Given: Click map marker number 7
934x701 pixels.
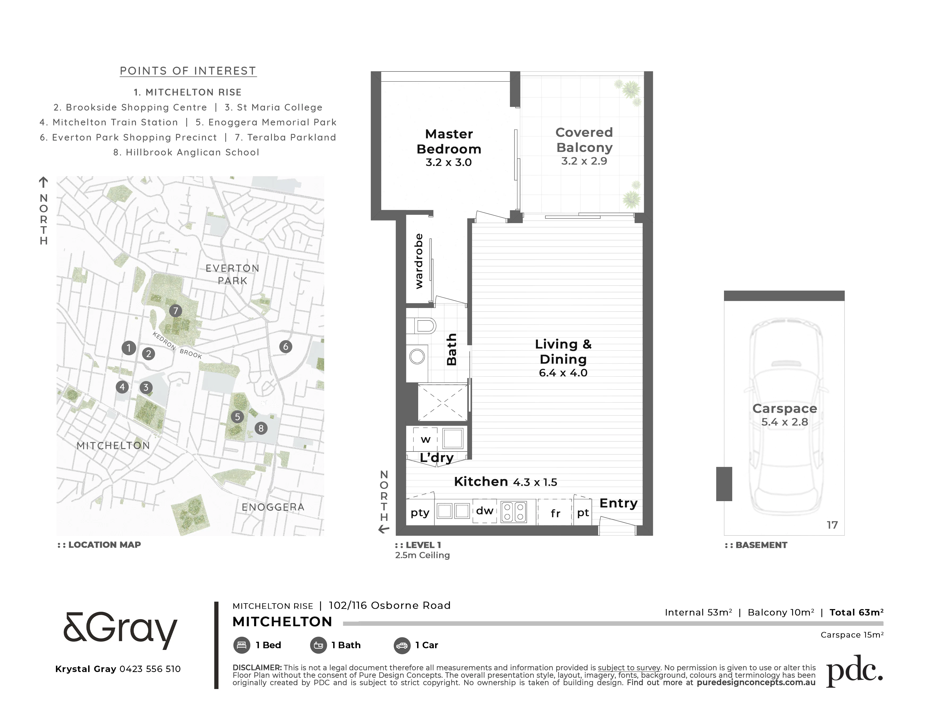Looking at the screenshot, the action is coord(176,311).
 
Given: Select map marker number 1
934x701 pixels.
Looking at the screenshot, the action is coord(129,348).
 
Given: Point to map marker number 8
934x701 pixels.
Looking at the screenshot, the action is coord(261,428).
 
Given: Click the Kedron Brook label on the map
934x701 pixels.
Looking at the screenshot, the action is coord(177,345).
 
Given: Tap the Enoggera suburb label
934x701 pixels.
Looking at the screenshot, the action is coord(273,507).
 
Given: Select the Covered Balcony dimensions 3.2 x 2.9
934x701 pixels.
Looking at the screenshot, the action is coord(584,161).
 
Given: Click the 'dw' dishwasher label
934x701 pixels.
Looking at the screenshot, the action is coord(485,511).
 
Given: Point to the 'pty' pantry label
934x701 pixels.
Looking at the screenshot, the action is coord(420,513).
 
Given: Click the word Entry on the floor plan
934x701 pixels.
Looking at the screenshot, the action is coord(619,503).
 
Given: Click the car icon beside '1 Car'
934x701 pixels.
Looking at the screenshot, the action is coord(402,646).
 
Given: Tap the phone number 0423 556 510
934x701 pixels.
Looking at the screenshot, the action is coord(150,669).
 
